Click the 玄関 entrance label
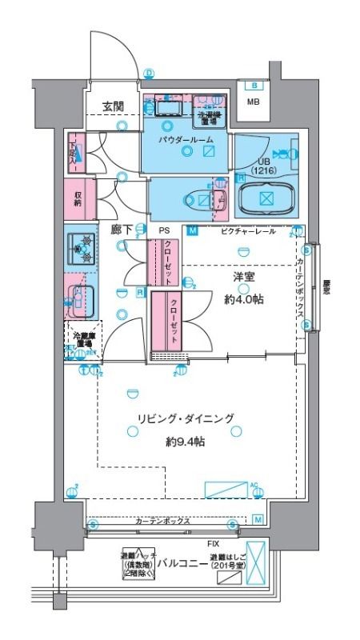click(114, 106)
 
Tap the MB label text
click(253, 102)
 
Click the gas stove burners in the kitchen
click(81, 249)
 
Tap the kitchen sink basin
click(81, 299)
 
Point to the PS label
click(164, 230)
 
